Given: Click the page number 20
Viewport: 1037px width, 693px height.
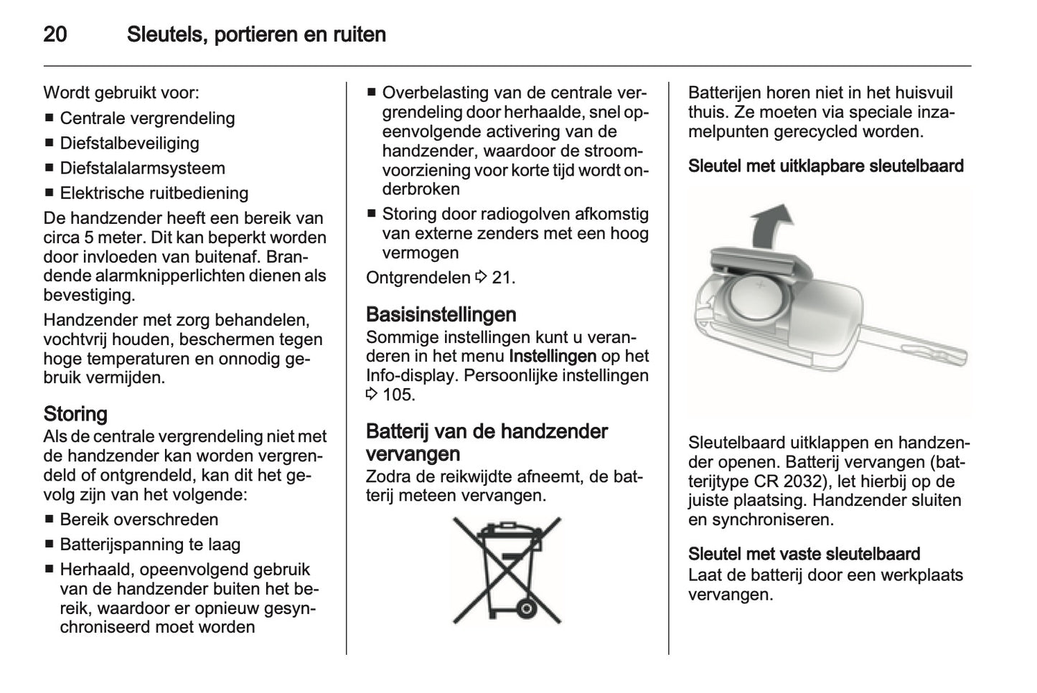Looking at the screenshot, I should pos(55,34).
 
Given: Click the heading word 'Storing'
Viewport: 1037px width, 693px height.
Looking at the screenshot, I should pos(75,414).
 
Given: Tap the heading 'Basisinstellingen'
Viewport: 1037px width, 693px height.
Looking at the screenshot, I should pos(441,314).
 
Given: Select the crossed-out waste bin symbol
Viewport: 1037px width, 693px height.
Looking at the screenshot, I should pos(507,570).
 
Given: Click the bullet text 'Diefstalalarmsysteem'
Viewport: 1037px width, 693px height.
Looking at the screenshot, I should pos(142,168).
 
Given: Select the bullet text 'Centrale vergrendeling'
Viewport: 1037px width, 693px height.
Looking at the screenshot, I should pos(147,118).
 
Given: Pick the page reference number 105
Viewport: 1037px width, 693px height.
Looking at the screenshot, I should pos(398,395).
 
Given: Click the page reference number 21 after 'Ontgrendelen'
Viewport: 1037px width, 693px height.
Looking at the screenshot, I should pos(502,278).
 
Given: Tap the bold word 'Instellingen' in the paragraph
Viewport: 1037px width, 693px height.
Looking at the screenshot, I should pos(553,356).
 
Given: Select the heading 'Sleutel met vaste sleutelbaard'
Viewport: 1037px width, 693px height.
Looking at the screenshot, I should pos(804,554).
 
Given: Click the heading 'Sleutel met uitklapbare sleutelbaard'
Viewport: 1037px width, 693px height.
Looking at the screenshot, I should pos(825,166).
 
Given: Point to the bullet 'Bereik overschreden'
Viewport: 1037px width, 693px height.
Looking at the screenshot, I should pos(139,519).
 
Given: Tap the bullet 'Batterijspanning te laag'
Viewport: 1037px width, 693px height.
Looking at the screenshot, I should pos(150,544).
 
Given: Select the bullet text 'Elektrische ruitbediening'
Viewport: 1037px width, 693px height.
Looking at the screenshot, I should pos(154,193).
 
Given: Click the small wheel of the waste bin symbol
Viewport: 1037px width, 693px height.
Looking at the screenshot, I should pos(526,609).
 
